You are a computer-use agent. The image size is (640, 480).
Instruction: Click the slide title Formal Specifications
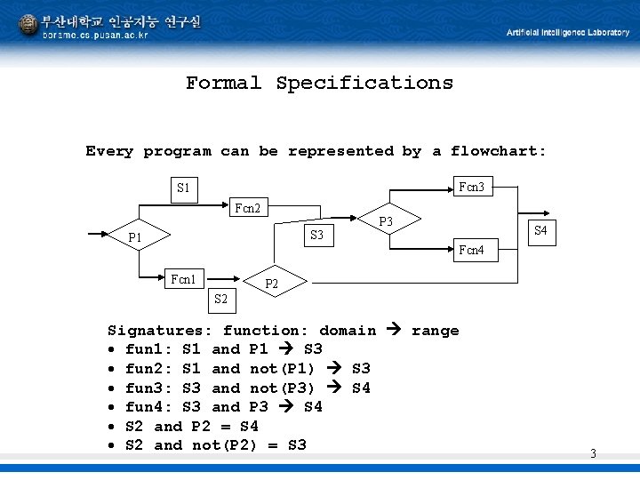pyautogui.click(x=319, y=84)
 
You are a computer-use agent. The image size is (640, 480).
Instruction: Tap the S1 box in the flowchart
pyautogui.click(x=183, y=188)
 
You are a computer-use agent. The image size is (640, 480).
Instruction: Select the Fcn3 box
pyautogui.click(x=471, y=188)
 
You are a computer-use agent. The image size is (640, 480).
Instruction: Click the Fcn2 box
pyautogui.click(x=247, y=209)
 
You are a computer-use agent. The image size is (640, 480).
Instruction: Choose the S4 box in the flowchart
pyautogui.click(x=540, y=232)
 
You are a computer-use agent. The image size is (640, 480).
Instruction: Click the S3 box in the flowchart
pyautogui.click(x=316, y=236)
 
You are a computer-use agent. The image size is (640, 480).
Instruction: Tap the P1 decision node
pyautogui.click(x=135, y=237)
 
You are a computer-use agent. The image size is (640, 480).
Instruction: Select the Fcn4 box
pyautogui.click(x=471, y=251)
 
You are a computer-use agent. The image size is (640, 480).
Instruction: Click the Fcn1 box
pyautogui.click(x=183, y=279)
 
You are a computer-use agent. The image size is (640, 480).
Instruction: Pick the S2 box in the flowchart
pyautogui.click(x=221, y=300)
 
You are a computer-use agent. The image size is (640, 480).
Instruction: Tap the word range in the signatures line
pyautogui.click(x=436, y=331)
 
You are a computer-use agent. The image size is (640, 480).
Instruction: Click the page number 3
pyautogui.click(x=593, y=454)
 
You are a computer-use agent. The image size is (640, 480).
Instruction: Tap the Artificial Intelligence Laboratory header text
pyautogui.click(x=568, y=32)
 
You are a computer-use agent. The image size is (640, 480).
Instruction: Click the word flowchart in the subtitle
pyautogui.click(x=499, y=151)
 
